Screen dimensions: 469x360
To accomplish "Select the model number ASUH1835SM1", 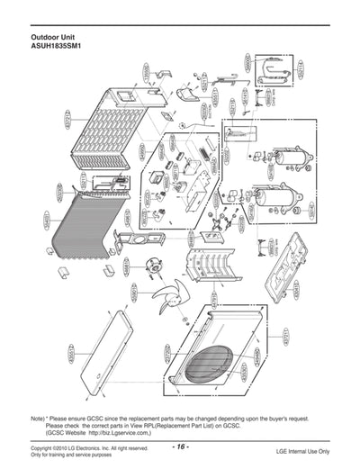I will [57, 47].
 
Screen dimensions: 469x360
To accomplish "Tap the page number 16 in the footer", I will [180, 447].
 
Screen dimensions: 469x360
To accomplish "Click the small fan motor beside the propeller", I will [156, 266].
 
